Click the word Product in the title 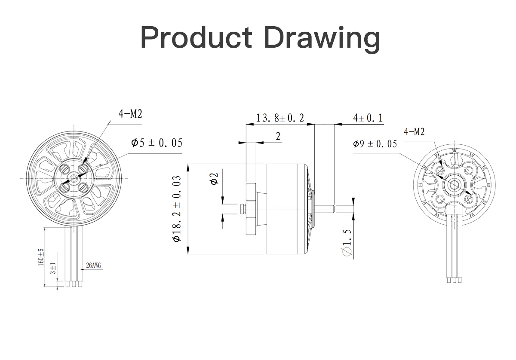pyautogui.click(x=196, y=37)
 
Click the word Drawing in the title pyautogui.click(x=322, y=39)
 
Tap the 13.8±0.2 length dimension pyautogui.click(x=280, y=118)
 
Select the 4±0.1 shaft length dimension pyautogui.click(x=368, y=118)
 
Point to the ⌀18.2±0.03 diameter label pyautogui.click(x=177, y=209)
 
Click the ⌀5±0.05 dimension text pyautogui.click(x=157, y=143)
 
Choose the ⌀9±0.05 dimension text pyautogui.click(x=375, y=144)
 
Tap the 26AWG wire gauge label pyautogui.click(x=94, y=265)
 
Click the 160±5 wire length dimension pyautogui.click(x=41, y=257)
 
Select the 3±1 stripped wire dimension pyautogui.click(x=53, y=268)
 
